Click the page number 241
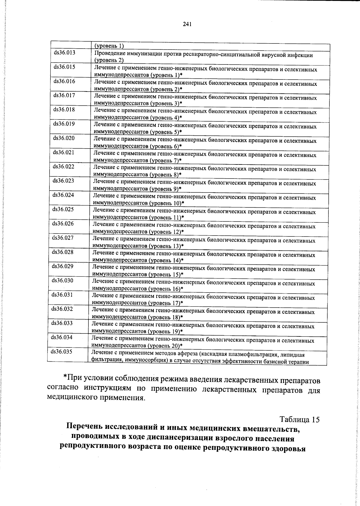(187, 25)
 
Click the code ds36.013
(64, 53)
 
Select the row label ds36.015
(64, 67)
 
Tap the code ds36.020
(64, 138)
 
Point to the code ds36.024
(63, 195)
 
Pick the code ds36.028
(63, 252)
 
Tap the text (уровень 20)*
(166, 346)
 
